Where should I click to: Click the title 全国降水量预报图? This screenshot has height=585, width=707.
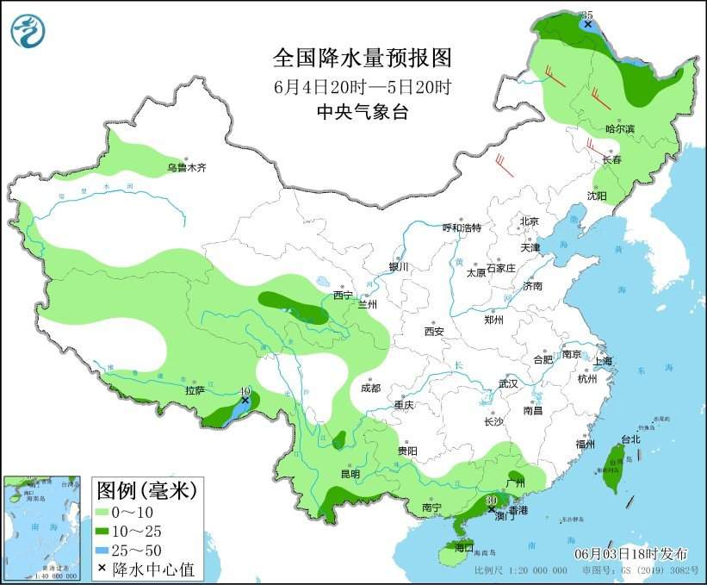(362, 58)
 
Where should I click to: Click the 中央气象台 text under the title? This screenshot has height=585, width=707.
(362, 112)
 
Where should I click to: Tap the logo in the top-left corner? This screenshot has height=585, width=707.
(28, 30)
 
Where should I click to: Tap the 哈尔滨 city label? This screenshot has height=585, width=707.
(619, 128)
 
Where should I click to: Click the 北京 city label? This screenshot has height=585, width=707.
(529, 221)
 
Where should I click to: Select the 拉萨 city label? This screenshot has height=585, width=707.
(194, 390)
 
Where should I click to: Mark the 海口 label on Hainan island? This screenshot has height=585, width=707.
(464, 547)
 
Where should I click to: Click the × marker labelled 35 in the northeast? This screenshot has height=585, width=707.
(587, 24)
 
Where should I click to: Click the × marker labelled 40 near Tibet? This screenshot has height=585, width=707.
(245, 401)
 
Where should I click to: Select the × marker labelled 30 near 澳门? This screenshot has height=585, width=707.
(492, 510)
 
